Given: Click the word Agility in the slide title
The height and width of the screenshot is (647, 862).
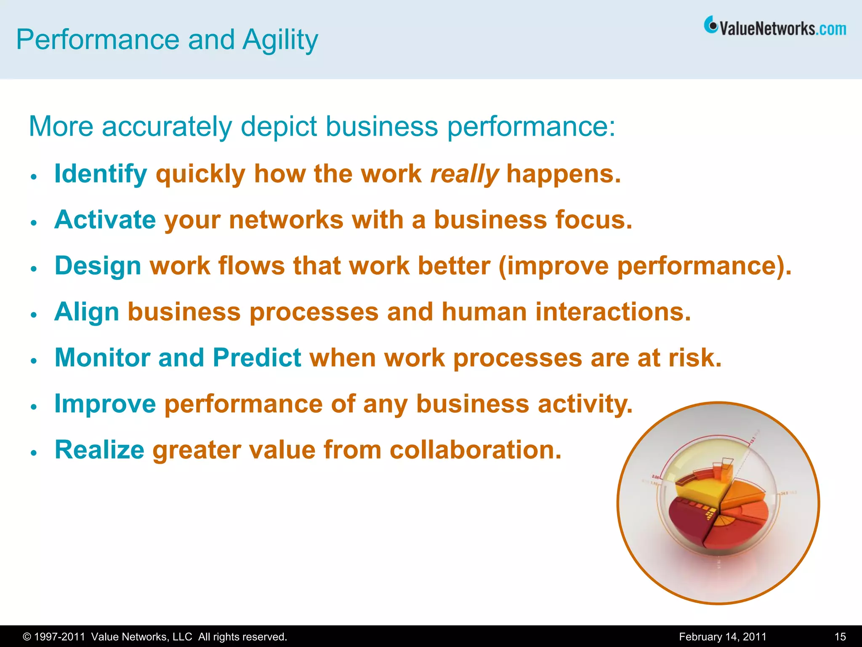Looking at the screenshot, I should pos(280,40).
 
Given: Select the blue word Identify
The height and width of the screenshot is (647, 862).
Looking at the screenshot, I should pos(101,174).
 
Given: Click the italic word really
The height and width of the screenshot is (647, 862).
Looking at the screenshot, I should pos(464,174).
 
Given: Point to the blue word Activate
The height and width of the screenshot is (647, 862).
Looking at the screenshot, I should pos(105,220).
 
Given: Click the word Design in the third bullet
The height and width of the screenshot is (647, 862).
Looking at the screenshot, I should pos(98,266).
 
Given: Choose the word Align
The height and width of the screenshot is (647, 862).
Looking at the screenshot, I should pos(87,312).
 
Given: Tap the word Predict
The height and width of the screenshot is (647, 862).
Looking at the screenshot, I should pos(257,358).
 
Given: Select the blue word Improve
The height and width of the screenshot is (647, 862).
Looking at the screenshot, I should pos(105,404).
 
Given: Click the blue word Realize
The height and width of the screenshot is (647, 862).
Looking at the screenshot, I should pos(99,450).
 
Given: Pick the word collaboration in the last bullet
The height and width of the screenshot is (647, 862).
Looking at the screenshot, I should pos(476,450).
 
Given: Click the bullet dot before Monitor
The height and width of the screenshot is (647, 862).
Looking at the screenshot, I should pos(34,361).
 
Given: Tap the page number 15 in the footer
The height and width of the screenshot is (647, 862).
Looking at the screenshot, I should pos(840,637).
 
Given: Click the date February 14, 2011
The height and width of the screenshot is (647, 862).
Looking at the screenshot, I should pos(723,637).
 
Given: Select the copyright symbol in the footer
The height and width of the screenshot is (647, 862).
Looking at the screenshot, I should pos(27,637).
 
